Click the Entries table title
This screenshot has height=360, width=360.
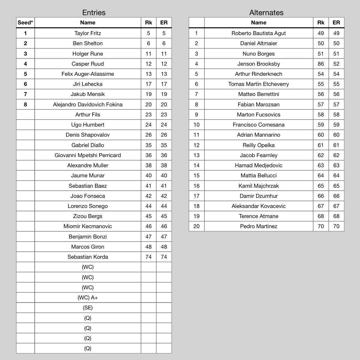94,13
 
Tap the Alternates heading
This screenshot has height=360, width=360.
266,13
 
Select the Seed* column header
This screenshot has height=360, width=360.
25,23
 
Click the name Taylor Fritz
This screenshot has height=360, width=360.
87,33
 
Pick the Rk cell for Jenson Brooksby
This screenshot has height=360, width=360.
320,64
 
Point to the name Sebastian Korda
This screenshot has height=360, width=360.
87,257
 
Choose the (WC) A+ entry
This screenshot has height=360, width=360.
87,297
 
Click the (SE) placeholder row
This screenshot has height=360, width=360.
87,308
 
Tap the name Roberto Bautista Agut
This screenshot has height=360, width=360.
259,33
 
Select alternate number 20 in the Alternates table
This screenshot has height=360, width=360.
196,226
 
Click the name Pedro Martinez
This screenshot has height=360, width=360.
259,226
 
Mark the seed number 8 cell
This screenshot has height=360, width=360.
25,104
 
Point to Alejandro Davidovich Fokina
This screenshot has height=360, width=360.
87,104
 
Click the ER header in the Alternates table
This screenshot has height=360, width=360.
336,23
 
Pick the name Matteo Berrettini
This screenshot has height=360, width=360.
259,94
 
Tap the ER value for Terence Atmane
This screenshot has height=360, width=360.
336,216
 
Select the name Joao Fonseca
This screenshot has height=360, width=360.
87,196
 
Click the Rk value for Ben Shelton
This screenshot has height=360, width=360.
148,43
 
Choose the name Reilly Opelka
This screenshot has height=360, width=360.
259,145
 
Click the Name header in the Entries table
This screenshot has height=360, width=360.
87,23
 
